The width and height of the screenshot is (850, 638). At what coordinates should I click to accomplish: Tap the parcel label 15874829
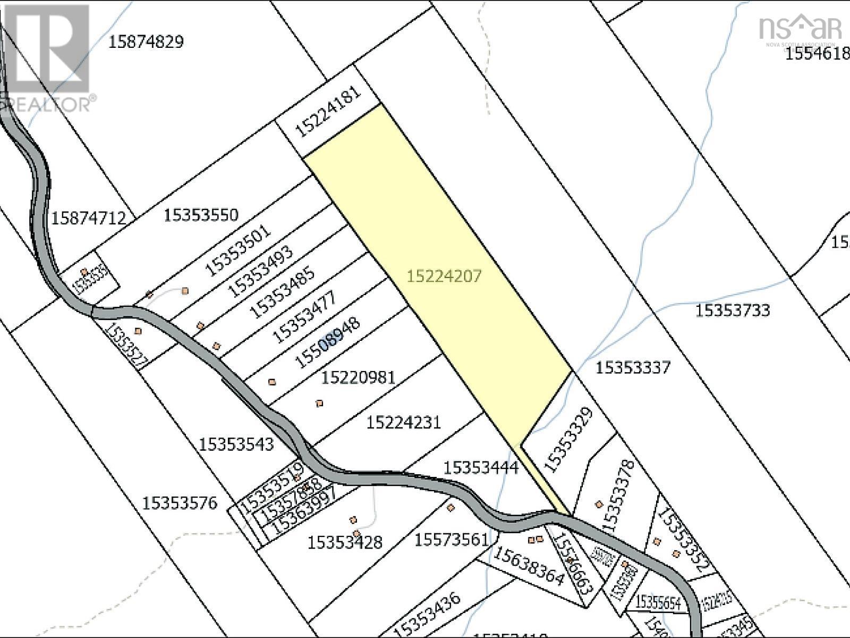pyautogui.click(x=146, y=42)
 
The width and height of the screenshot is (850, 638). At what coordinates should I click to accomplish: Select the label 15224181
pyautogui.click(x=328, y=112)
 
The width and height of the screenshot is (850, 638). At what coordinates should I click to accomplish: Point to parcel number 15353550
pyautogui.click(x=201, y=215)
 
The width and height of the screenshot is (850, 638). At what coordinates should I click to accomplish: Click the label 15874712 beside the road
pyautogui.click(x=89, y=218)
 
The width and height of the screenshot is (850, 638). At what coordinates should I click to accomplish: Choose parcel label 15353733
pyautogui.click(x=732, y=310)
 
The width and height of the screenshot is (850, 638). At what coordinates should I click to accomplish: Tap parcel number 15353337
pyautogui.click(x=633, y=367)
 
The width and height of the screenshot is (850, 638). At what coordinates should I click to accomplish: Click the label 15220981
pyautogui.click(x=359, y=377)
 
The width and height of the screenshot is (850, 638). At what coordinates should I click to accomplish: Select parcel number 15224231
pyautogui.click(x=404, y=423)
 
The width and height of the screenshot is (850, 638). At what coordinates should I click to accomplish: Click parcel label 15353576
pyautogui.click(x=180, y=502)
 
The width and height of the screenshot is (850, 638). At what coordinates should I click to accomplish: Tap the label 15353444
pyautogui.click(x=480, y=468)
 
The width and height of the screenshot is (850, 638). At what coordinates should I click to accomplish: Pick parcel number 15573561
pyautogui.click(x=451, y=540)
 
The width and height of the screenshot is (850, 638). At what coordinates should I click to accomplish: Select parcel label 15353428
pyautogui.click(x=345, y=542)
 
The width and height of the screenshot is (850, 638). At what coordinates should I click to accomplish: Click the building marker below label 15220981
pyautogui.click(x=319, y=404)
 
